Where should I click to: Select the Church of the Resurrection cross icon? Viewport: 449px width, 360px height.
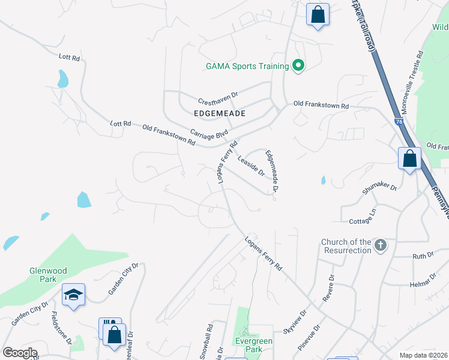tap(380, 245)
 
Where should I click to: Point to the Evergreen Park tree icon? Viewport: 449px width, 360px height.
tap(246, 332)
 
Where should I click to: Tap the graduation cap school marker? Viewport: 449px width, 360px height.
tap(74, 294)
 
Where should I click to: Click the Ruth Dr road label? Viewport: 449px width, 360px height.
tap(423, 256)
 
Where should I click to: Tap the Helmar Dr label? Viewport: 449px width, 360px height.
tap(423, 280)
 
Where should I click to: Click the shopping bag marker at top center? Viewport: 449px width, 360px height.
tap(318, 13)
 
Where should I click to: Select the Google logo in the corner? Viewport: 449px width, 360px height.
tap(20, 353)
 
